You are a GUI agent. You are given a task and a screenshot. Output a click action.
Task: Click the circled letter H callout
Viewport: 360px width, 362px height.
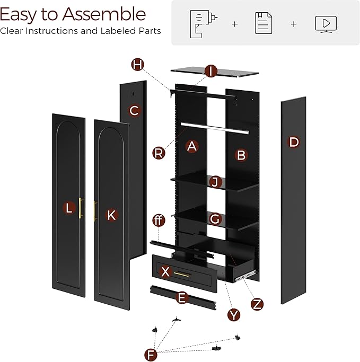(x=138, y=65)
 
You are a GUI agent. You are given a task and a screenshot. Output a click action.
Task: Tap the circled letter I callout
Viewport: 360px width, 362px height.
(x=211, y=71)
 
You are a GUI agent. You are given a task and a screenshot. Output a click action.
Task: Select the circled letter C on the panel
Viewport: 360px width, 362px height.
(x=134, y=111)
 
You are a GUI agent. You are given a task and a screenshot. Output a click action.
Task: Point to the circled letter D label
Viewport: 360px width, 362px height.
(x=293, y=142)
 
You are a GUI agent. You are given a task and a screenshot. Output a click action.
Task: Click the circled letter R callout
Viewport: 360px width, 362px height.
(x=158, y=153)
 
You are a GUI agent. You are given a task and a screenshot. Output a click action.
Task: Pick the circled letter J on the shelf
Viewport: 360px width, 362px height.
(x=215, y=182)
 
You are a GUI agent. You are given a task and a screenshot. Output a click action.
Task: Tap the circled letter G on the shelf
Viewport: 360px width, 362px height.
(x=215, y=218)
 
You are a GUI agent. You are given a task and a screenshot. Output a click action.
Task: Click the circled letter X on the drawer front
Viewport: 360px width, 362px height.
(x=165, y=272)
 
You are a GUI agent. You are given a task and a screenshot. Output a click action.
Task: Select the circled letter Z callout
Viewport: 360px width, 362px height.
(x=257, y=304)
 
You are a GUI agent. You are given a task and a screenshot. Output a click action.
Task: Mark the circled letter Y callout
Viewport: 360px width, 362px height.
(x=234, y=314)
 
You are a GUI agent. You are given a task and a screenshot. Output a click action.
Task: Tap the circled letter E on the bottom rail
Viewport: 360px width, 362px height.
(x=182, y=297)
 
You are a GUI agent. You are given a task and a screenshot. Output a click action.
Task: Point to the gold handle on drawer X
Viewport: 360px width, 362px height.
(x=183, y=273)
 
